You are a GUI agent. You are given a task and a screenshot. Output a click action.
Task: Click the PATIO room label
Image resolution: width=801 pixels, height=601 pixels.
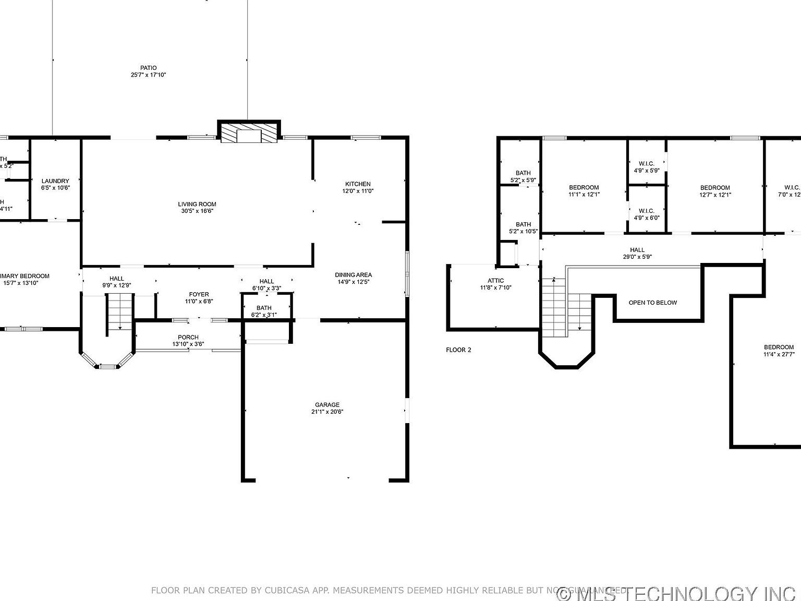(148, 68)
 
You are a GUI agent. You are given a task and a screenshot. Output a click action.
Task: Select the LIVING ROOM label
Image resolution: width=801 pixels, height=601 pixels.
(197, 205)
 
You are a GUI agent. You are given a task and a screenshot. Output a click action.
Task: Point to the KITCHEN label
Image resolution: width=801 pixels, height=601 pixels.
(358, 184)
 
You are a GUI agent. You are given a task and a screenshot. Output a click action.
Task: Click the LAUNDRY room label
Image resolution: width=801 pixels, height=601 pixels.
(55, 181)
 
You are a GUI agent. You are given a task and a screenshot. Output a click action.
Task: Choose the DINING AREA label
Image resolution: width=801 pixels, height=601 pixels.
(353, 275)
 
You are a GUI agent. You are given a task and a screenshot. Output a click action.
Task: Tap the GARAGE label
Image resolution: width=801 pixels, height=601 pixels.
(327, 405)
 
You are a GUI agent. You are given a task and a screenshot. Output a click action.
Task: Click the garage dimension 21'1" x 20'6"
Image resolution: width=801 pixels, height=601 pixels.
(327, 412)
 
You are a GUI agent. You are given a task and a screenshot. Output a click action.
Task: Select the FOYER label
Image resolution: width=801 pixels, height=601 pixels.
(199, 295)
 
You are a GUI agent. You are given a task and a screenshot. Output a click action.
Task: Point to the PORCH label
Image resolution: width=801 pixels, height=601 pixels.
(188, 338)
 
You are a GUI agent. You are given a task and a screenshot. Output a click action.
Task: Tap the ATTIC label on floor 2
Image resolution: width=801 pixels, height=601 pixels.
(495, 281)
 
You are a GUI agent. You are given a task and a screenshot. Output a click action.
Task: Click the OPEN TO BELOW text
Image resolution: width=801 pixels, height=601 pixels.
(652, 303)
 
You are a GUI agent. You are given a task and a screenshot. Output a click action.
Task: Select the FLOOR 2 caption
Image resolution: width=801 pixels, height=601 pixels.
(458, 350)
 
